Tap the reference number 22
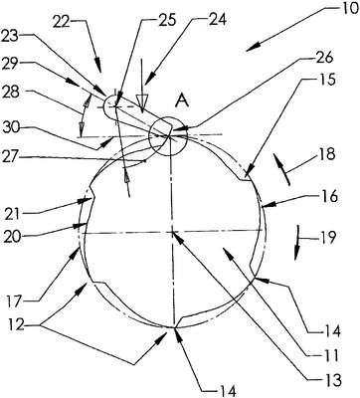point(63,22)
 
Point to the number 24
point(217,20)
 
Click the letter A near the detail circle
point(183,99)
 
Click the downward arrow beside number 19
point(297,244)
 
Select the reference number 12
point(16,325)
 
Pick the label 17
point(16,301)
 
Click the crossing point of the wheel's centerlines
point(172,233)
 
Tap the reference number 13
point(332,380)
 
